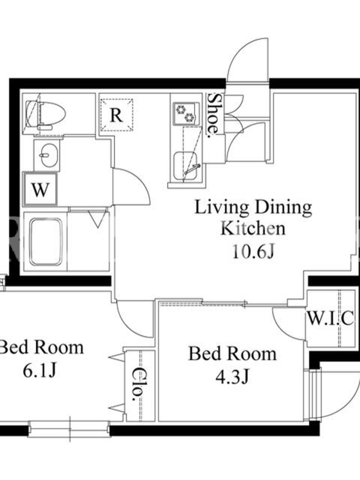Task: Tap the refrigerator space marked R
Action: coord(116,115)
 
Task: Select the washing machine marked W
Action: coord(40,189)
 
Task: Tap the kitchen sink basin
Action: coord(185,167)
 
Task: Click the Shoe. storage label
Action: coord(214,114)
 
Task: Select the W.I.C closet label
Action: coord(331,319)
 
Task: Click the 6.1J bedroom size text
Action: coord(40,371)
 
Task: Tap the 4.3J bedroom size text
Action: coord(232,377)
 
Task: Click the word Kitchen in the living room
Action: coord(253,229)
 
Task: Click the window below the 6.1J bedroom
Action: coord(69,428)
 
